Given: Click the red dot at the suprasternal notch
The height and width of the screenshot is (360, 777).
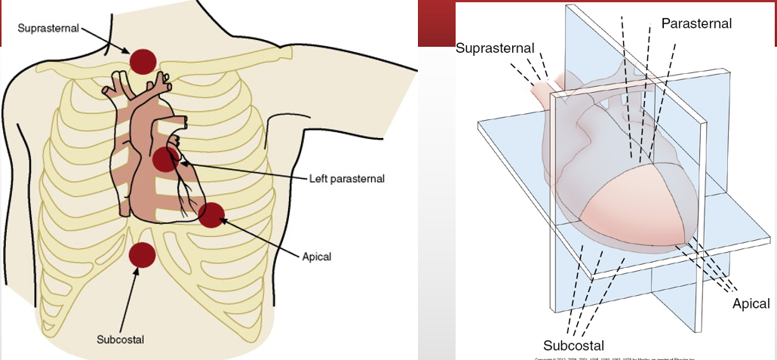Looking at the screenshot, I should point(143,60).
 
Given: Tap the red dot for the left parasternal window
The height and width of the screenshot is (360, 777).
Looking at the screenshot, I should point(165,159).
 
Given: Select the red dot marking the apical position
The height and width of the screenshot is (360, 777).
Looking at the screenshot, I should point(211,215).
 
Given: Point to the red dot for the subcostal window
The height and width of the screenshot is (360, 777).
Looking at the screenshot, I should point(141,256).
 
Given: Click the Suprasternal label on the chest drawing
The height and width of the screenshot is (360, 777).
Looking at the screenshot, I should point(48,29).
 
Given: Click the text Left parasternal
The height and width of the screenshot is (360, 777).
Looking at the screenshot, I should point(347,179).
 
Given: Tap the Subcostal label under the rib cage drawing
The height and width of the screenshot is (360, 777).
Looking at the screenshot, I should point(120,339).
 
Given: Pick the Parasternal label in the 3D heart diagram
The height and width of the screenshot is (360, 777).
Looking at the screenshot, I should point(696,23).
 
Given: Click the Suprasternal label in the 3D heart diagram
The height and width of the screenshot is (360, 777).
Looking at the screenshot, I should point(495,48).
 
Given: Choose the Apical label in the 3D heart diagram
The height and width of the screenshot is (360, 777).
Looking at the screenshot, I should point(751,303).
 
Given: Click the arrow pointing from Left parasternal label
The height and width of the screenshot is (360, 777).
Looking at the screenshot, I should point(241,171).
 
